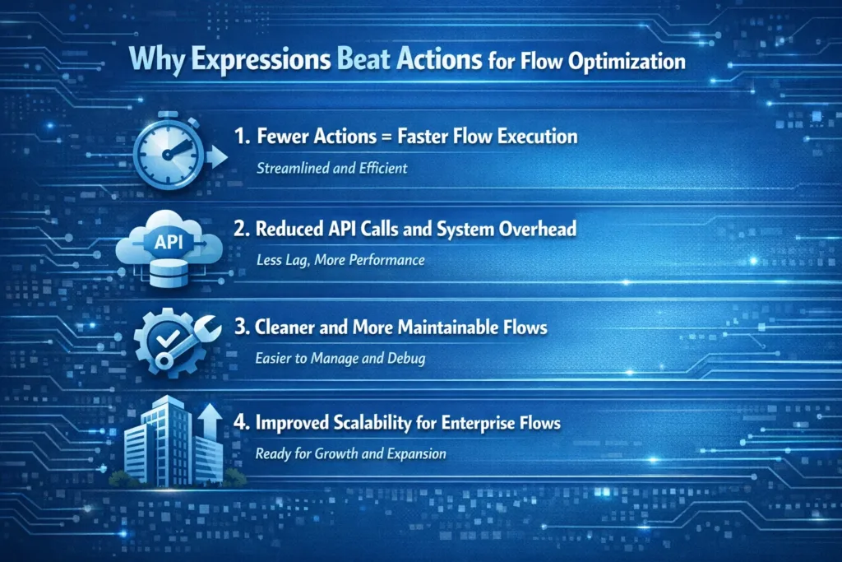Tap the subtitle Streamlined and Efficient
[x=332, y=168]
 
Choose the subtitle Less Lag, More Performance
[x=340, y=260]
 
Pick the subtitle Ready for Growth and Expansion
[x=350, y=453]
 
